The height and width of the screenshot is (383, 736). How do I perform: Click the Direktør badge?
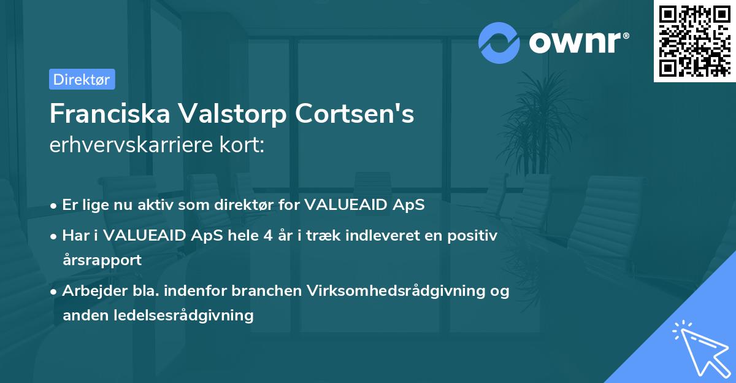click(82, 79)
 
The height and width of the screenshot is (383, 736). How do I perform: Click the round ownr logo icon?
click(499, 42)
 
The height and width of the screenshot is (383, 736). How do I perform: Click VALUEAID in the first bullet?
click(347, 205)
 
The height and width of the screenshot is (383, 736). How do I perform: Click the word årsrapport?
click(102, 260)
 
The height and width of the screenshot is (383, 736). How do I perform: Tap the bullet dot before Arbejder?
click(55, 291)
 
